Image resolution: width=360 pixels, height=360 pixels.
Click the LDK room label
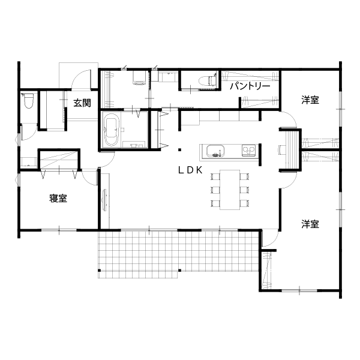(x=190, y=170)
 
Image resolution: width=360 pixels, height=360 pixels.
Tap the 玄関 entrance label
(x=82, y=103)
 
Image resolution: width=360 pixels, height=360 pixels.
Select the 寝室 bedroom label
(x=58, y=198)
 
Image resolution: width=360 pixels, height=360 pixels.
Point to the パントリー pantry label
(x=250, y=86)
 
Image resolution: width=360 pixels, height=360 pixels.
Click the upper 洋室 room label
(x=310, y=100)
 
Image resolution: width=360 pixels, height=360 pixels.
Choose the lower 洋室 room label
(x=310, y=224)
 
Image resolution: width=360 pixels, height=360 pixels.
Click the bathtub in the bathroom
(x=111, y=130)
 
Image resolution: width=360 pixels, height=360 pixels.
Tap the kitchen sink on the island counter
(x=215, y=151)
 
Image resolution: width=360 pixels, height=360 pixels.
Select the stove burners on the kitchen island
(x=248, y=151)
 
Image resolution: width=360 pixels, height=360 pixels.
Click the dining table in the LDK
(x=230, y=190)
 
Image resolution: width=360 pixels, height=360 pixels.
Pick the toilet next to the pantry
(x=207, y=80)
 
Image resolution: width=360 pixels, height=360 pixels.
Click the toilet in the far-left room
(x=29, y=100)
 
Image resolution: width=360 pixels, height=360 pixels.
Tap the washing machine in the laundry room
(x=139, y=78)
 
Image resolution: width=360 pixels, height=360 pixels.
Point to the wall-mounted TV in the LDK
(x=105, y=200)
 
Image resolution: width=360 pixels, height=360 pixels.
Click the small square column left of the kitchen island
(x=180, y=150)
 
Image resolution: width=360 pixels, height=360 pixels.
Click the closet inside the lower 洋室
(x=266, y=271)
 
